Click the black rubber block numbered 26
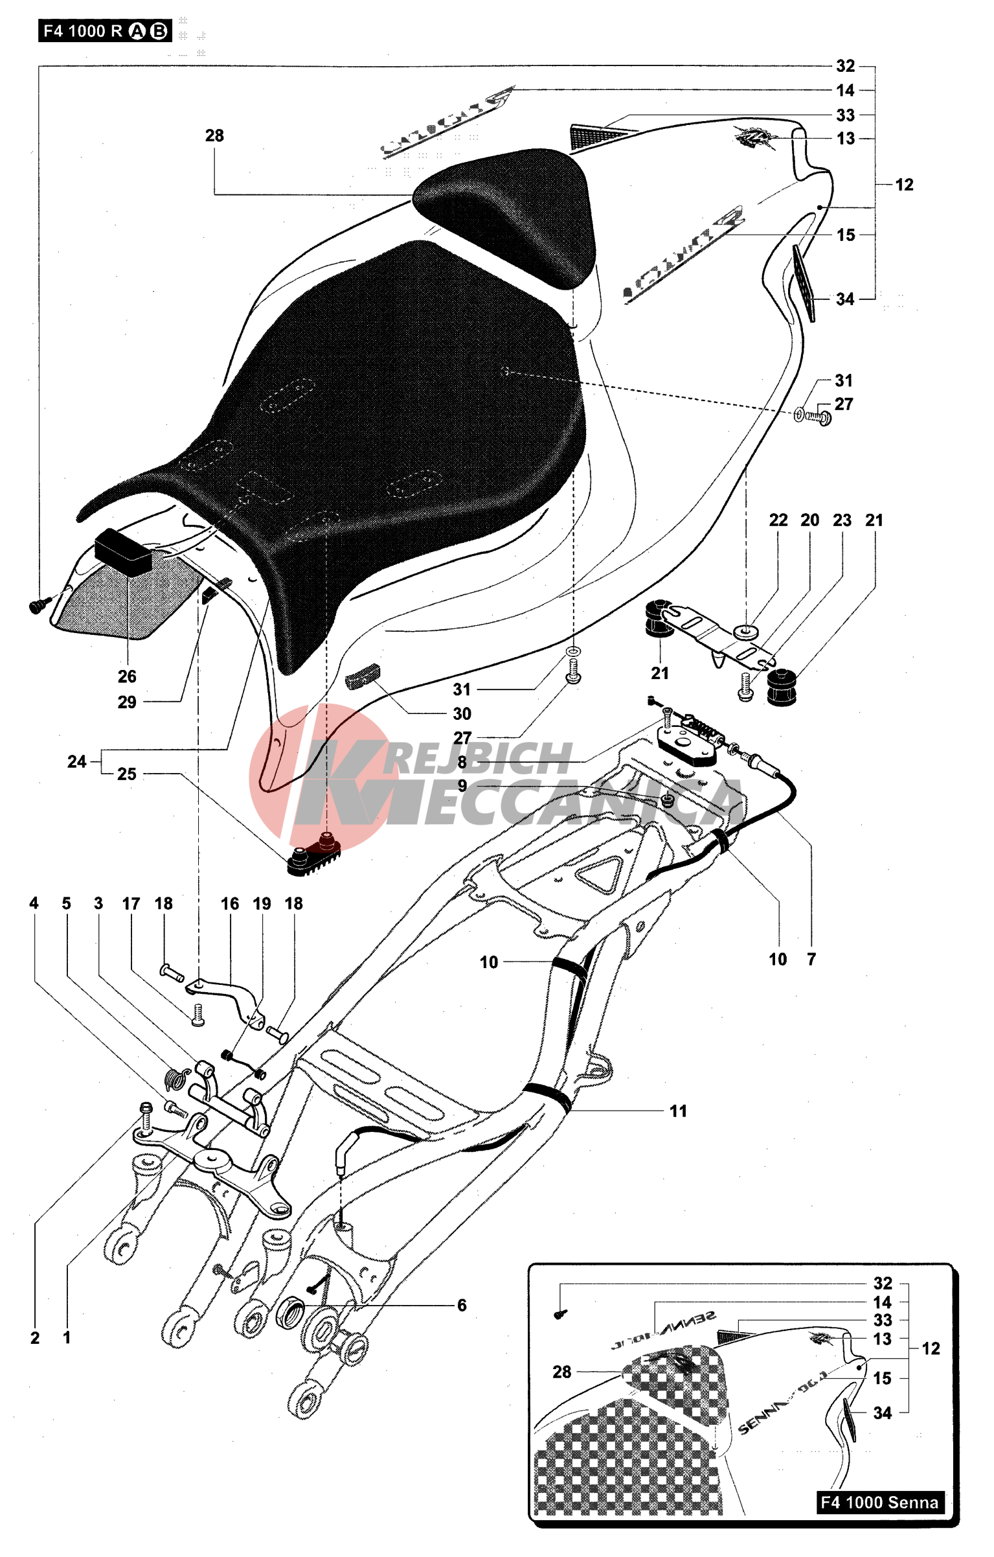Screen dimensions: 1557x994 [x=124, y=551]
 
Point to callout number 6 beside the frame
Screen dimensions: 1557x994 [x=461, y=1305]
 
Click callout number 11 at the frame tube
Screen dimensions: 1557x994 [x=678, y=1111]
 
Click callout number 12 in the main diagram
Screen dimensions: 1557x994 [x=904, y=185]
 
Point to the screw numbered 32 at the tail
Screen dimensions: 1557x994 [x=36, y=606]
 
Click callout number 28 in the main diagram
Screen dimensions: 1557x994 [x=214, y=135]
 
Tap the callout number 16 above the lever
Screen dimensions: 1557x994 [x=230, y=904]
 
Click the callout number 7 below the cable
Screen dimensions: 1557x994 [x=811, y=960]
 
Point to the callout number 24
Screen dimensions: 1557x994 [x=76, y=761]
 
